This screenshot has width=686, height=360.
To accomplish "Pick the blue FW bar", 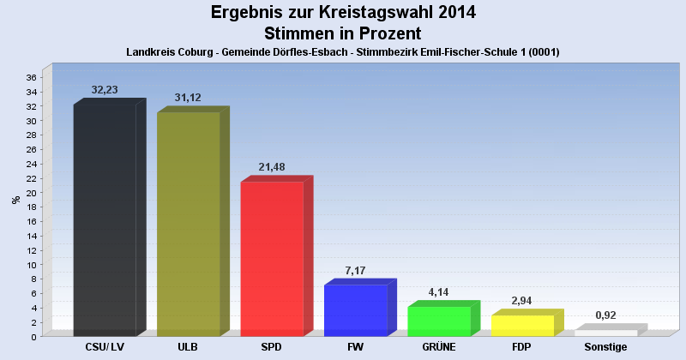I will [355, 310].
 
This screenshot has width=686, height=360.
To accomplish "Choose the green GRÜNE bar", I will [439, 321].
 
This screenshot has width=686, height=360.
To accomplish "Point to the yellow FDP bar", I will [522, 326].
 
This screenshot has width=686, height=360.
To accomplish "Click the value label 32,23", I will [108, 89].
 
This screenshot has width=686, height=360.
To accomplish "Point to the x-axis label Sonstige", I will [606, 347].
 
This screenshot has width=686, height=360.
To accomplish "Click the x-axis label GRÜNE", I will [439, 347].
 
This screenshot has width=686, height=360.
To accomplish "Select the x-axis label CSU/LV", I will [105, 347].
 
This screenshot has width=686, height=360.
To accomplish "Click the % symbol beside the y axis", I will [15, 200].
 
